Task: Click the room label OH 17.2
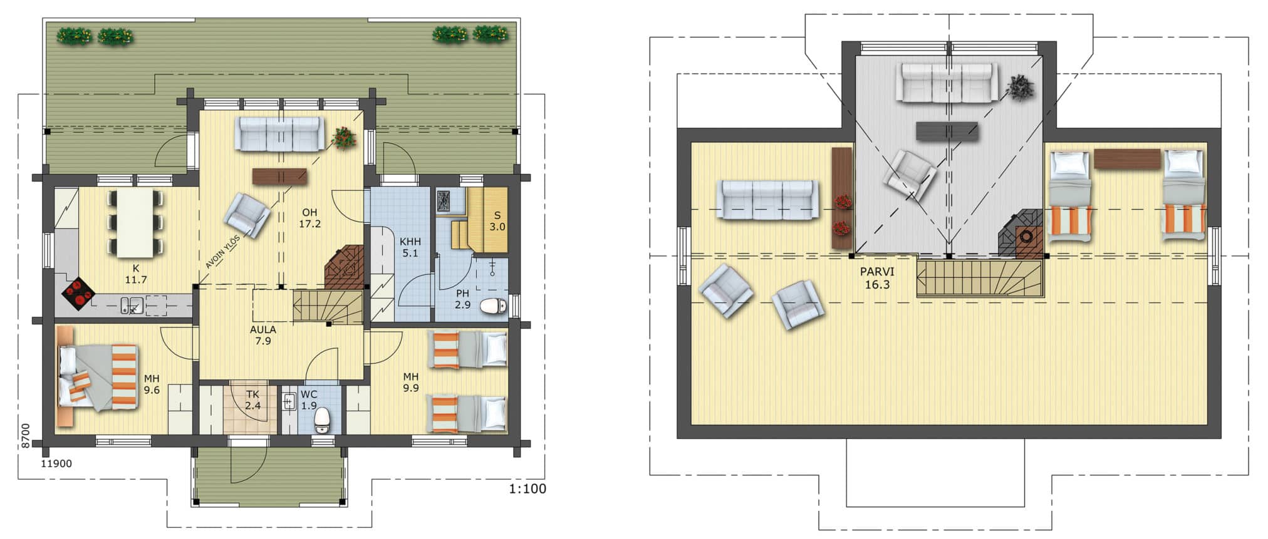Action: tap(309, 218)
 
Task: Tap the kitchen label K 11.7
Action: tap(135, 274)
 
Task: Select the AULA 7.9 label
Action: tap(263, 335)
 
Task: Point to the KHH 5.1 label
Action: tap(410, 247)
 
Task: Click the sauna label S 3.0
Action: tap(497, 221)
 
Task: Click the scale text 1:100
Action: tap(527, 489)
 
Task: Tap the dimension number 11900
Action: tap(56, 464)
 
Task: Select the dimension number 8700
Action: tap(25, 434)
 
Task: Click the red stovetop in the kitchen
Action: tap(78, 293)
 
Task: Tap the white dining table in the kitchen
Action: tap(135, 223)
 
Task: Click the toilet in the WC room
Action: tap(322, 419)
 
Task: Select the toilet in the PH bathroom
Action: tap(494, 307)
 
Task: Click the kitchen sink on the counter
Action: tap(132, 305)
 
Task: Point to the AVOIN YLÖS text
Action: tap(222, 252)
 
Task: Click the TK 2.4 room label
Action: tap(252, 400)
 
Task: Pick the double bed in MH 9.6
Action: tap(98, 377)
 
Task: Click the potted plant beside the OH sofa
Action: tap(344, 137)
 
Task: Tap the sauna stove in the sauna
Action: tap(444, 200)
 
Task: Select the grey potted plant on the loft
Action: tap(1021, 88)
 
